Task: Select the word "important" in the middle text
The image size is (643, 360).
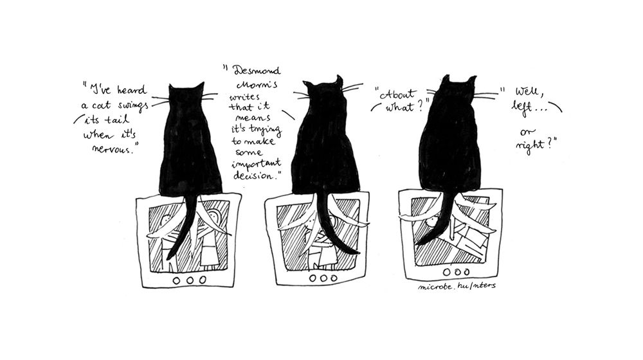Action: pos(257,164)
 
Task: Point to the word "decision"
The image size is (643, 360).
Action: pos(255,175)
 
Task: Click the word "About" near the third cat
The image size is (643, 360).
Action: pos(398,94)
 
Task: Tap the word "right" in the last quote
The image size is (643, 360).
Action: pos(530,145)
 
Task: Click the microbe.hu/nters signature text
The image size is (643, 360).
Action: pos(457,286)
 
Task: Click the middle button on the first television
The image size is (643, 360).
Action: pos(190,280)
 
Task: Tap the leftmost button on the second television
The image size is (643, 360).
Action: pos(313,278)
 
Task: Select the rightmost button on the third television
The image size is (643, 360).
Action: pos(467,272)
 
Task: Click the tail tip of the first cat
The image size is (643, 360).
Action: pos(168,258)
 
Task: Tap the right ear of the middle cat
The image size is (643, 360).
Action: pos(338,80)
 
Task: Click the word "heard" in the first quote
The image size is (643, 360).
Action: pos(132,90)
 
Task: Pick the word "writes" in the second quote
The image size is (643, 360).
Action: pos(244,97)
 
